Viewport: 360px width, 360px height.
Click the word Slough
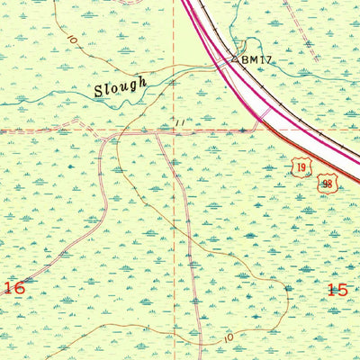coord(119,87)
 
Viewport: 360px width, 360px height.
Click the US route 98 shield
coord(328,184)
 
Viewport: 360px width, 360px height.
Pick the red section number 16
coord(13,287)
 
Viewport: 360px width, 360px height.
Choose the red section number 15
coord(337,290)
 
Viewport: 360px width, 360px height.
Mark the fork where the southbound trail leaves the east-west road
coord(158,136)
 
